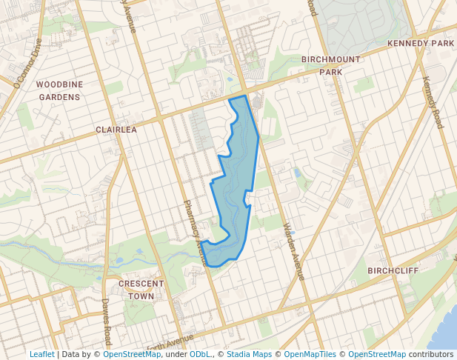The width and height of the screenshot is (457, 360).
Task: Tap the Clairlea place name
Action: (116, 129)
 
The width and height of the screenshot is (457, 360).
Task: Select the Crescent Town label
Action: (141, 290)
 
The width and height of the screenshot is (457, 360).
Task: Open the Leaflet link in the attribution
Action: (41, 354)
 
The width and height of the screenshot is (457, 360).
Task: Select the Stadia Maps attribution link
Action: (251, 354)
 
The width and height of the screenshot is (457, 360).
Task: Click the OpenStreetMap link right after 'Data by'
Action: (132, 354)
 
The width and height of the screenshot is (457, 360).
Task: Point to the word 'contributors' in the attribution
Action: (430, 354)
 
